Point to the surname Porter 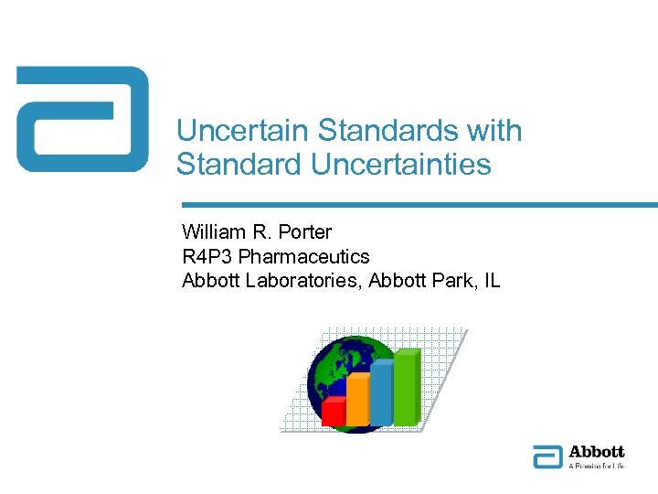pyautogui.click(x=303, y=232)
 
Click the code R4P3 pyautogui.click(x=207, y=256)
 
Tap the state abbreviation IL pyautogui.click(x=491, y=280)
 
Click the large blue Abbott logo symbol pyautogui.click(x=82, y=119)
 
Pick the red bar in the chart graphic pyautogui.click(x=334, y=412)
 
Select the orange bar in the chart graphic pyautogui.click(x=357, y=399)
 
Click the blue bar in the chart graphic pyautogui.click(x=381, y=392)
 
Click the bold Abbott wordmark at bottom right pyautogui.click(x=596, y=452)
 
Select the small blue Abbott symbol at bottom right pyautogui.click(x=547, y=456)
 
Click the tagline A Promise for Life pyautogui.click(x=596, y=466)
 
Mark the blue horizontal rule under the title pyautogui.click(x=419, y=205)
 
